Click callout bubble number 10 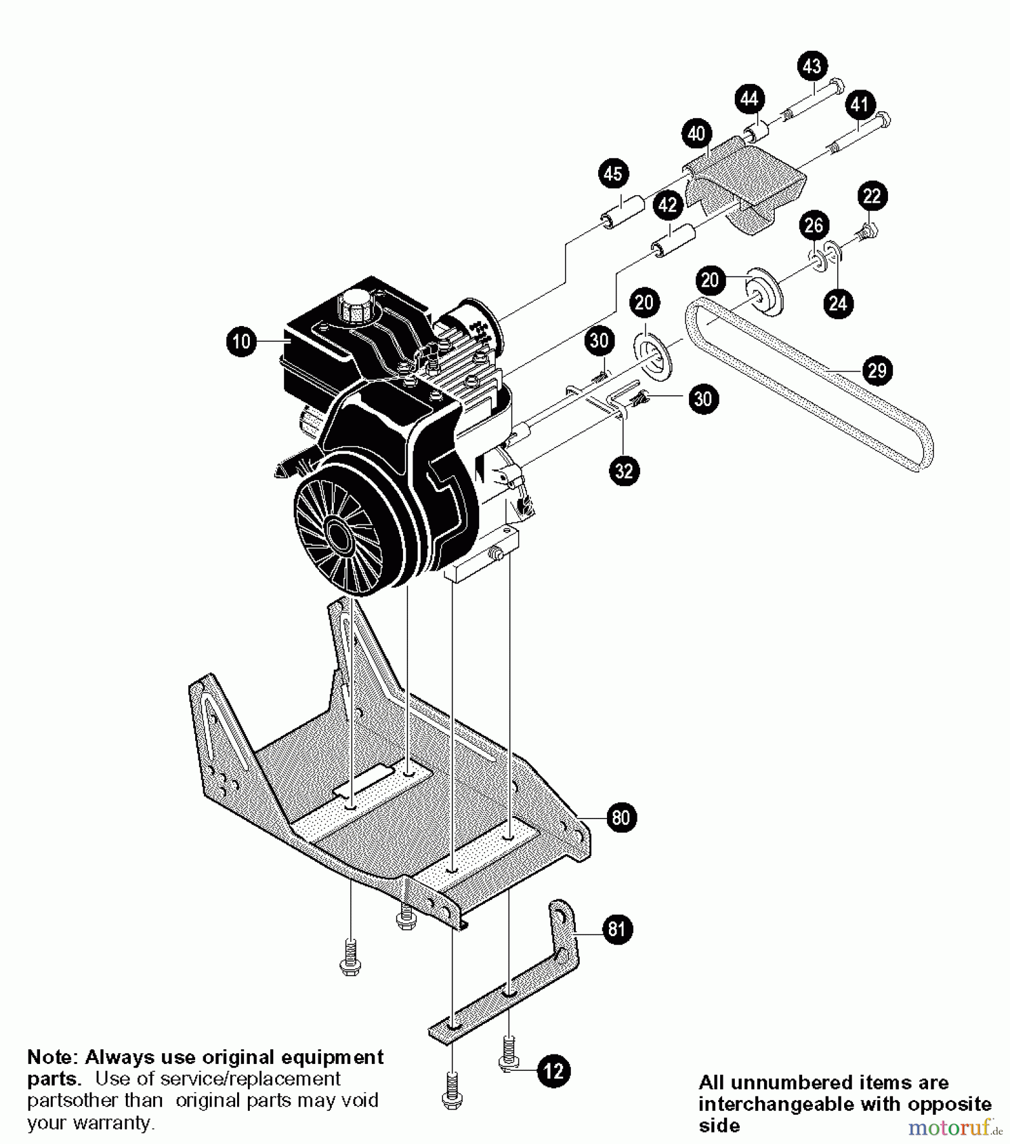(x=242, y=342)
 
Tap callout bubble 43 (x=812, y=66)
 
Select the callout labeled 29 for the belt (x=877, y=370)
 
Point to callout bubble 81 (x=617, y=930)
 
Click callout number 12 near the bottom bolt (x=554, y=1072)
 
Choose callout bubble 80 (x=621, y=817)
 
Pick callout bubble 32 (x=624, y=471)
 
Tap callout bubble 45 (x=613, y=174)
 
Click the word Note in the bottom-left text (x=51, y=1058)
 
